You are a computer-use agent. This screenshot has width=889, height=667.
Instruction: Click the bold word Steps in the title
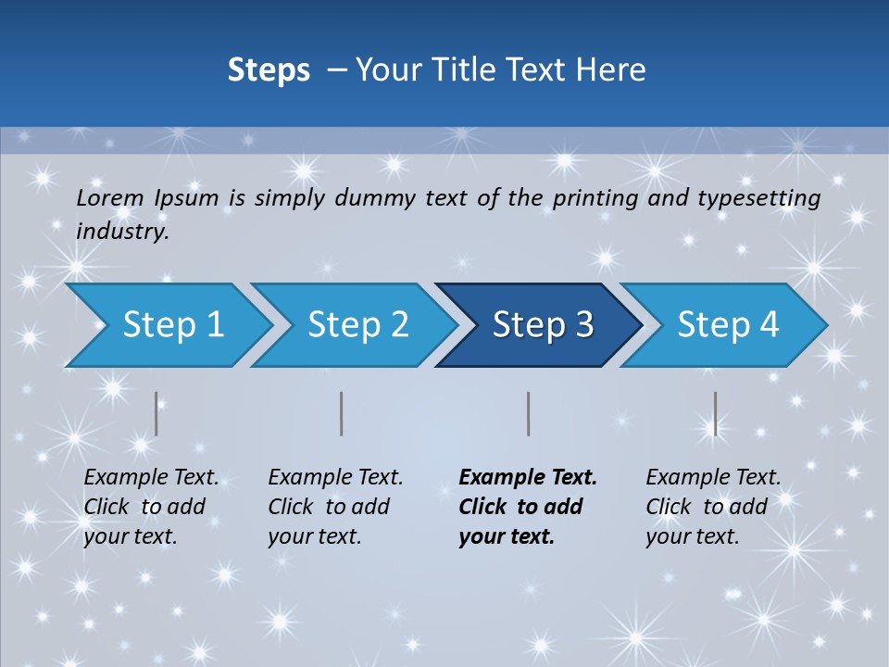269,70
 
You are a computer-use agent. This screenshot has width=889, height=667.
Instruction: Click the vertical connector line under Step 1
157,413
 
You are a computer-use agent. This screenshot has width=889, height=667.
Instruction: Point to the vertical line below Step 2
342,413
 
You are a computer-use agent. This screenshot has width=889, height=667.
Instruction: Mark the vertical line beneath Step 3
528,413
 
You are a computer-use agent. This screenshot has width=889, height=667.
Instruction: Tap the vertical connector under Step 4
715,413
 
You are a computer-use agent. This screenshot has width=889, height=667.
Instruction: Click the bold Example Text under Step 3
528,507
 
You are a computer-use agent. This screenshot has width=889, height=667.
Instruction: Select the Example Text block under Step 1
151,507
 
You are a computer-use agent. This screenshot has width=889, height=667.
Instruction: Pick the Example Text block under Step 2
335,507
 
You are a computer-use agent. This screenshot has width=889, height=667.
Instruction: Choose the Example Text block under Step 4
713,507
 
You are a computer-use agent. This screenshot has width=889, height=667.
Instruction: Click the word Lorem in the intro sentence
110,198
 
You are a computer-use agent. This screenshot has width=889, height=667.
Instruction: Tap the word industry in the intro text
122,232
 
